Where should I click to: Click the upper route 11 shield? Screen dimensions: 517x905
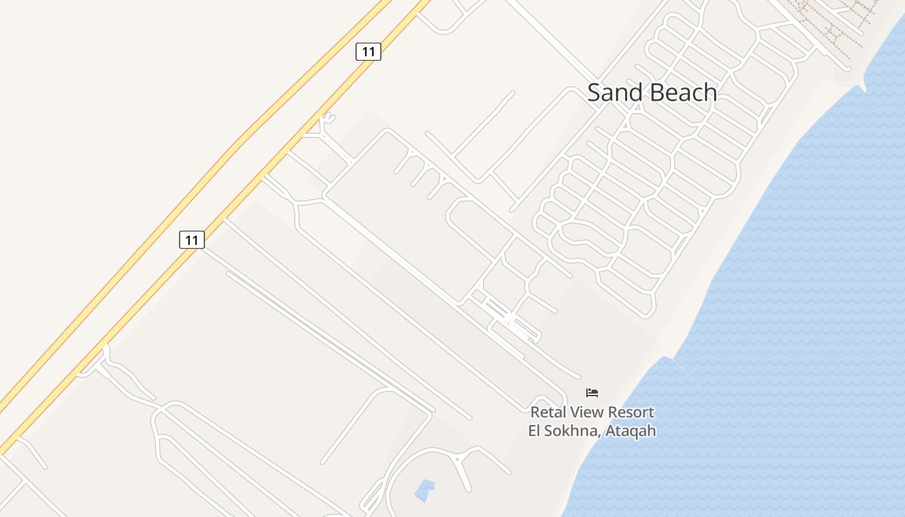[x=368, y=52]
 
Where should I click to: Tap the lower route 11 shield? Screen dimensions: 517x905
[x=191, y=240]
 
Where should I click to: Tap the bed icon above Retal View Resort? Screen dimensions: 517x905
[x=592, y=392]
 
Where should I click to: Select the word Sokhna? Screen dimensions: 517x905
[x=573, y=430]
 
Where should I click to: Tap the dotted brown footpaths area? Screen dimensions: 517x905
[x=834, y=23]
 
